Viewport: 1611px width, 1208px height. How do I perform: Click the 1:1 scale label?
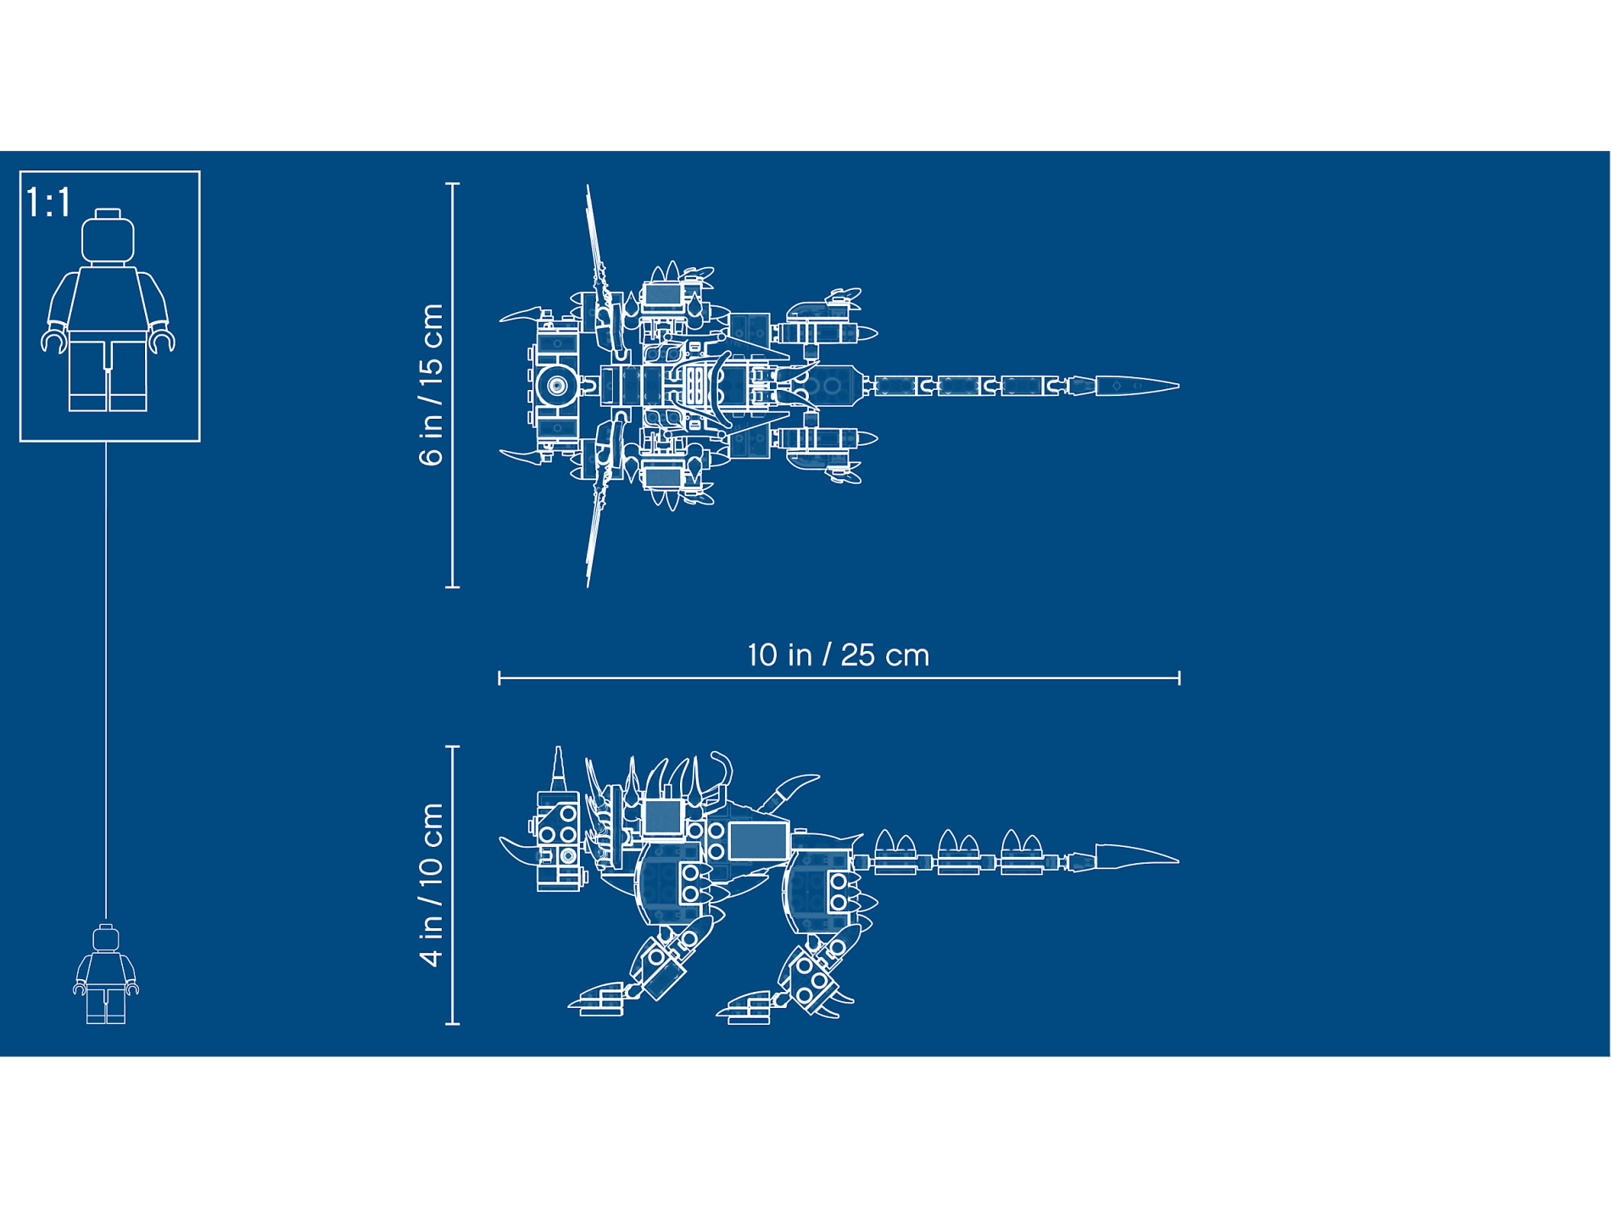[x=48, y=203]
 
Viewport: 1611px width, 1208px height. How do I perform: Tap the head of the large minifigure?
[x=108, y=237]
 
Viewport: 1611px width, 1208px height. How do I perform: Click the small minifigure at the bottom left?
[x=106, y=974]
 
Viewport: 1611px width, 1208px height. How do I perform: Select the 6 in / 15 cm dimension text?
[x=432, y=385]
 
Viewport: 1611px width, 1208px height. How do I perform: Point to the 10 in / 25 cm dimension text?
[x=839, y=655]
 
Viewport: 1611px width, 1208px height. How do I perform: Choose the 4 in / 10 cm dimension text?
[x=432, y=884]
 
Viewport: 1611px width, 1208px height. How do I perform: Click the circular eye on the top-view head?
[x=556, y=386]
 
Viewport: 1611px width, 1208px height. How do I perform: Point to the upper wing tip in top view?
[x=588, y=186]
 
